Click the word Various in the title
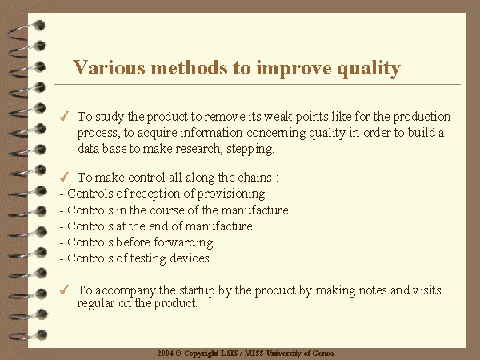pos(109,67)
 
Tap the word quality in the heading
pos(369,69)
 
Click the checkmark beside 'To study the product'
pos(64,117)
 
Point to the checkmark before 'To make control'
pos(64,177)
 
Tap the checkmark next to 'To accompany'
pos(64,290)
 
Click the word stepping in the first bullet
pos(250,149)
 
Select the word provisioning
pos(231,194)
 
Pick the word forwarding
pos(183,242)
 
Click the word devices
pos(190,258)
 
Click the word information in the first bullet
pos(211,133)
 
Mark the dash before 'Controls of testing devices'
pos(62,259)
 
